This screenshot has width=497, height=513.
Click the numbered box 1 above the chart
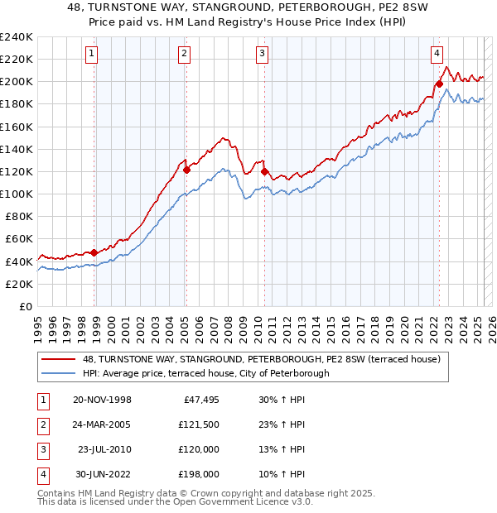(91, 55)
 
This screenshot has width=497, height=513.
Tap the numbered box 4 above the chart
(437, 55)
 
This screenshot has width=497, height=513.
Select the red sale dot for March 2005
(186, 170)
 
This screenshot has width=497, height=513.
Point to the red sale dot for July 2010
(264, 171)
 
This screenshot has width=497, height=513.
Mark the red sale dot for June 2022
(439, 84)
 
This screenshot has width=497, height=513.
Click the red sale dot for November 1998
(94, 252)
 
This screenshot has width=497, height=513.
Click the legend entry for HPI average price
(206, 373)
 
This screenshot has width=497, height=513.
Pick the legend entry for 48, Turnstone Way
(266, 359)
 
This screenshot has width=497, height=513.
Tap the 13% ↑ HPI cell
(282, 449)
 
